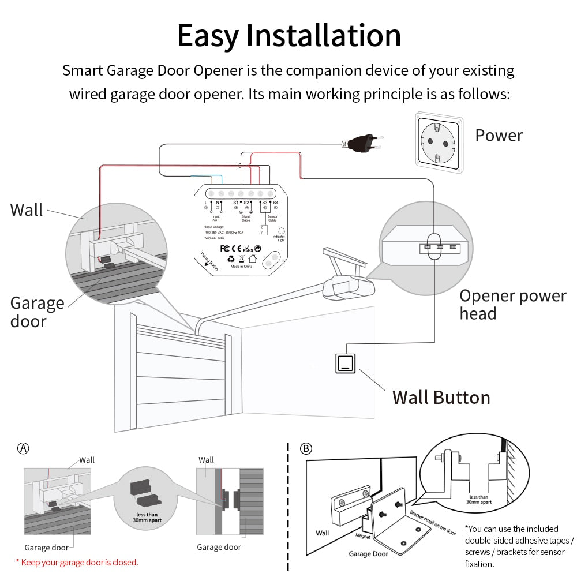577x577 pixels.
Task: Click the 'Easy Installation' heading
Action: [288, 36]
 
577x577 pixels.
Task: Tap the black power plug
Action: [362, 143]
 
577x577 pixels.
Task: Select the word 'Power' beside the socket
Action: [499, 136]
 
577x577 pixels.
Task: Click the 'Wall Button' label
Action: [441, 398]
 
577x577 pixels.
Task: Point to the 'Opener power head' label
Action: [512, 305]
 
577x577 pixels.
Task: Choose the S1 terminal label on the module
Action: [235, 203]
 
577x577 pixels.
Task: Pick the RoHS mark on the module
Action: [247, 249]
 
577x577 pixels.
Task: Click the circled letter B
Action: [306, 448]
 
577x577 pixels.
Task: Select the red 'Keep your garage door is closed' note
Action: [77, 562]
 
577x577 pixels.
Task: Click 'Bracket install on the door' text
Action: [432, 523]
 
